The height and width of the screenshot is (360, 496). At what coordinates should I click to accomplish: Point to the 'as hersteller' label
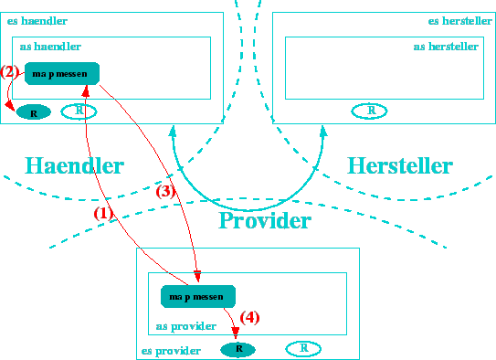point(446,46)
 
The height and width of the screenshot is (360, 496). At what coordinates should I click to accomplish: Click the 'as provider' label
point(185,325)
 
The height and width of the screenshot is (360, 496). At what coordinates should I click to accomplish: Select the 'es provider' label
point(171,350)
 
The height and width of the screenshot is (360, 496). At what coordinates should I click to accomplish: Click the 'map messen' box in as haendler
point(62,73)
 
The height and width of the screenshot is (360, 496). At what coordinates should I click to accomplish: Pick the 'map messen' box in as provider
point(198,296)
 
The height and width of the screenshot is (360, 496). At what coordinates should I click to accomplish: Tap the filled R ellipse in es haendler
point(34,112)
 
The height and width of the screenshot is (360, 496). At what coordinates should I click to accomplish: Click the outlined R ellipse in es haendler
point(79,111)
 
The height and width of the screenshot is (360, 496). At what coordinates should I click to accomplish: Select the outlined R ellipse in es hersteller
point(369,111)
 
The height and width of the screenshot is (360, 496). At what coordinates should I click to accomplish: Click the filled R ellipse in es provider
point(238,349)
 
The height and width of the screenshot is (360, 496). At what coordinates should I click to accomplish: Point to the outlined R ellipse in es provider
point(303,348)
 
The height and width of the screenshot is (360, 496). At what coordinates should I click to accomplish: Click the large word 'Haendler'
point(74,165)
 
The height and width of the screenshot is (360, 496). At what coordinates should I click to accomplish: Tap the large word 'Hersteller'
point(399,165)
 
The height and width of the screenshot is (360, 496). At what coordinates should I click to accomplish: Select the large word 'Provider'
point(265,221)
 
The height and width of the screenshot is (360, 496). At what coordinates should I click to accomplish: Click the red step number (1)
point(103,211)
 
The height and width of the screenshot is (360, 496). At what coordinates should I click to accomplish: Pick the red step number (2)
point(10,71)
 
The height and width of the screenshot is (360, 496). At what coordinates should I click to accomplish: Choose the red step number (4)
point(249,317)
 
